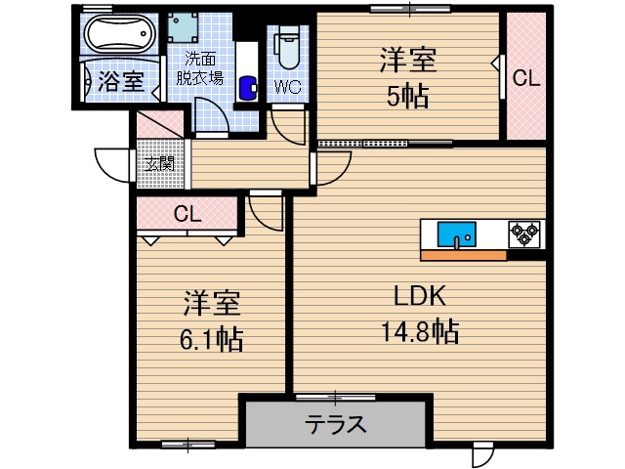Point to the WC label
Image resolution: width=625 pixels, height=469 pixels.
288,88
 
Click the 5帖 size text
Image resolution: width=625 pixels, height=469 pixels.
407,98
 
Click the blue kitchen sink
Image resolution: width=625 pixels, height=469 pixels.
456,234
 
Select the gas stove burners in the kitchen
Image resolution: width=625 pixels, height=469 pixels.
524,234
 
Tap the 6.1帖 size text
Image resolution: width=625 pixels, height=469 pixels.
211,339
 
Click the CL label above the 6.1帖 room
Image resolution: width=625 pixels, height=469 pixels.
187,214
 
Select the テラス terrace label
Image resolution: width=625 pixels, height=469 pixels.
337,424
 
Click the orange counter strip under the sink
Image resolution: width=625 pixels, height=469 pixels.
463,256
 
